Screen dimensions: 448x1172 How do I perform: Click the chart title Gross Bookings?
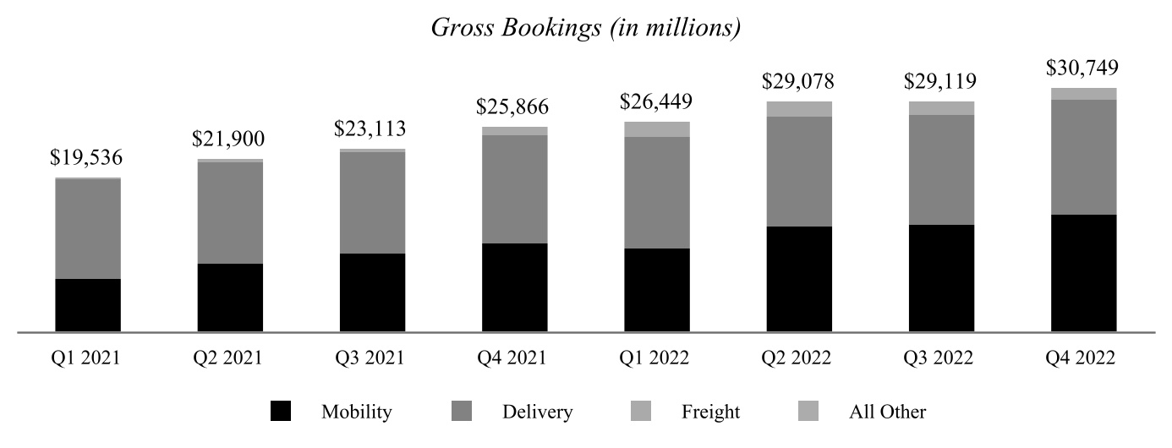[x=586, y=27]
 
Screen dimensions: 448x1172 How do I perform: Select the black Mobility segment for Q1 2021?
[x=88, y=305]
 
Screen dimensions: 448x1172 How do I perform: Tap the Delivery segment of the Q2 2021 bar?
[x=230, y=212]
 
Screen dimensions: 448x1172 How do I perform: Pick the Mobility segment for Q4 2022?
[x=1084, y=273]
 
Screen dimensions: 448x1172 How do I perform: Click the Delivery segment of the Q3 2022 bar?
[x=941, y=169]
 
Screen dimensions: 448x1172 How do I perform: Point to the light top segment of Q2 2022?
[x=799, y=109]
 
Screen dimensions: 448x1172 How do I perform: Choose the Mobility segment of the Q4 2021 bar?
[x=515, y=287]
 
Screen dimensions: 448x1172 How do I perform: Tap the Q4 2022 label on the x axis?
[x=1084, y=358]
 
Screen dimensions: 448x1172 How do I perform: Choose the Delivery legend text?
[x=537, y=412]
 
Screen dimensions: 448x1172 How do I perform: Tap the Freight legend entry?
[x=710, y=412]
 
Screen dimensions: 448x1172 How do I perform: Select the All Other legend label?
[x=887, y=412]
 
